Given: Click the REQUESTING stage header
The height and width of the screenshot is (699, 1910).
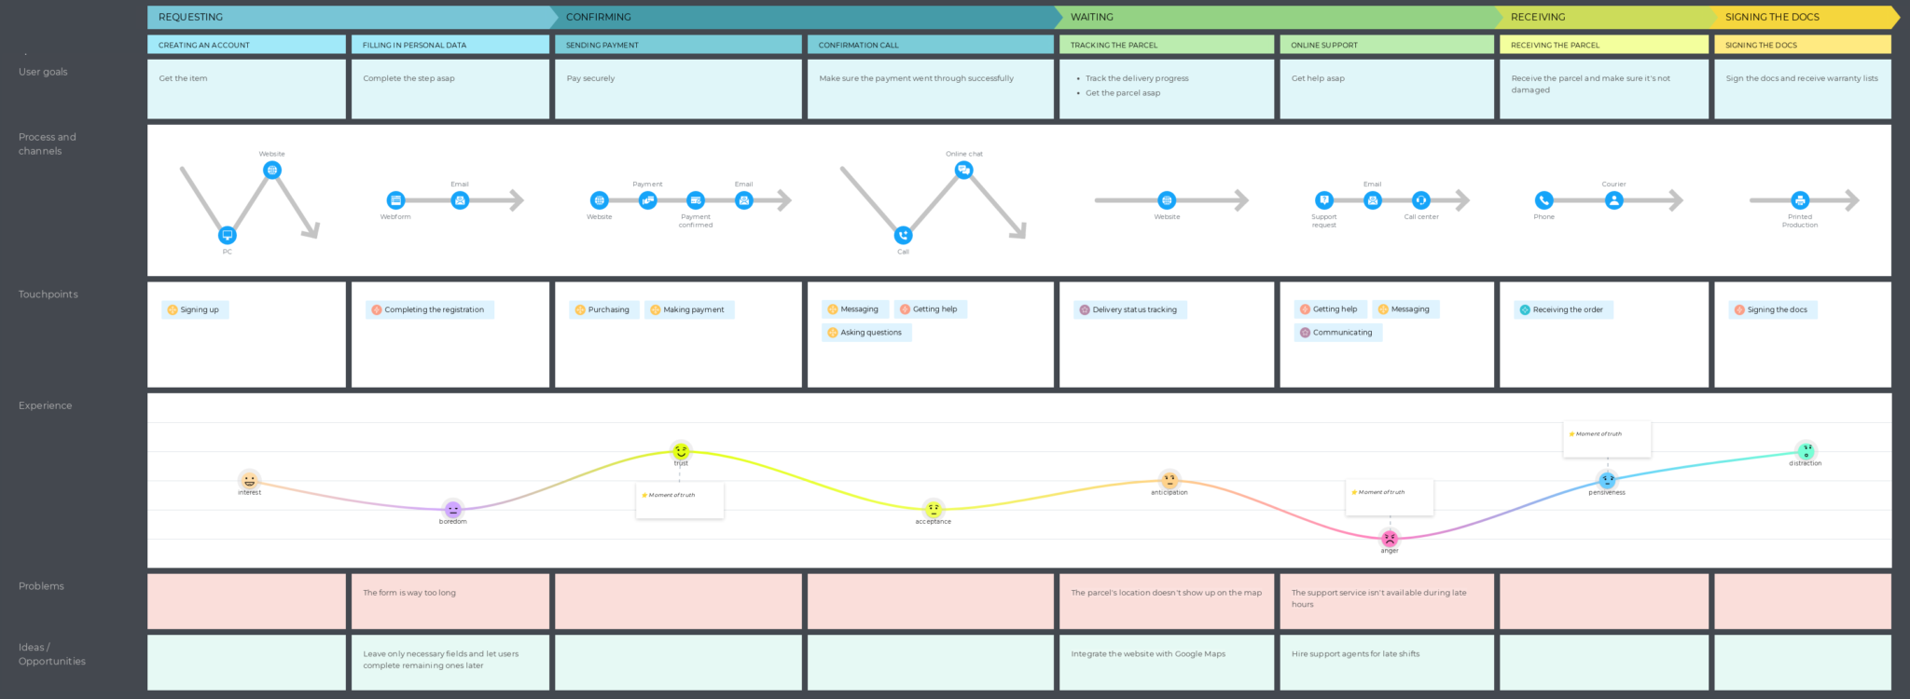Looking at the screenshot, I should coord(191,17).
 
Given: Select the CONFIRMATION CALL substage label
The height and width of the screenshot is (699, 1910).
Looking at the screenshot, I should coord(858,45).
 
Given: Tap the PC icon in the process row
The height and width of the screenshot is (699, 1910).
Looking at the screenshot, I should coord(227,235).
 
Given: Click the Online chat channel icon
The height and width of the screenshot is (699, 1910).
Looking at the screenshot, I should coord(963,170).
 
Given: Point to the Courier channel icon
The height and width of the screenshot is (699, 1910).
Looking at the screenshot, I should coord(1613,200).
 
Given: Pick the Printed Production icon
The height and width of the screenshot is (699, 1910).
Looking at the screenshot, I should coord(1800,200).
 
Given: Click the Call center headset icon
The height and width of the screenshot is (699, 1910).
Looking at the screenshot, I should coord(1420,200).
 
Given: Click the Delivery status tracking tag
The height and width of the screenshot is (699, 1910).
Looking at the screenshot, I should coord(1129,309).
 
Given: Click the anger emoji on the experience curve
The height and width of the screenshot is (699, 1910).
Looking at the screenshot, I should coord(1390,539).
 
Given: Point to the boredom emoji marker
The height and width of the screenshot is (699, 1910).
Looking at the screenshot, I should coord(452,510).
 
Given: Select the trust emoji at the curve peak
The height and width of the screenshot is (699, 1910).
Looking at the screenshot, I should coord(681,451).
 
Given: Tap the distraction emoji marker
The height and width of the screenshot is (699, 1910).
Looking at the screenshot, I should coord(1806,451).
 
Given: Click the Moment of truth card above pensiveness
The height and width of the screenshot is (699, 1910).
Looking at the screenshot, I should coord(1606,438).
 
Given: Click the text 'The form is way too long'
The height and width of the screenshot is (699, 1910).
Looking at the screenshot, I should coord(409,593).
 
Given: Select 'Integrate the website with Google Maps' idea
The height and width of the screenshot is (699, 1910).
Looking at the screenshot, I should coord(1148,654).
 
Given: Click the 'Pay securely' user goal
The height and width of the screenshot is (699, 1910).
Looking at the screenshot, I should coord(590,78).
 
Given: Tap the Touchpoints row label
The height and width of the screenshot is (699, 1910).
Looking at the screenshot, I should coord(48,295).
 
